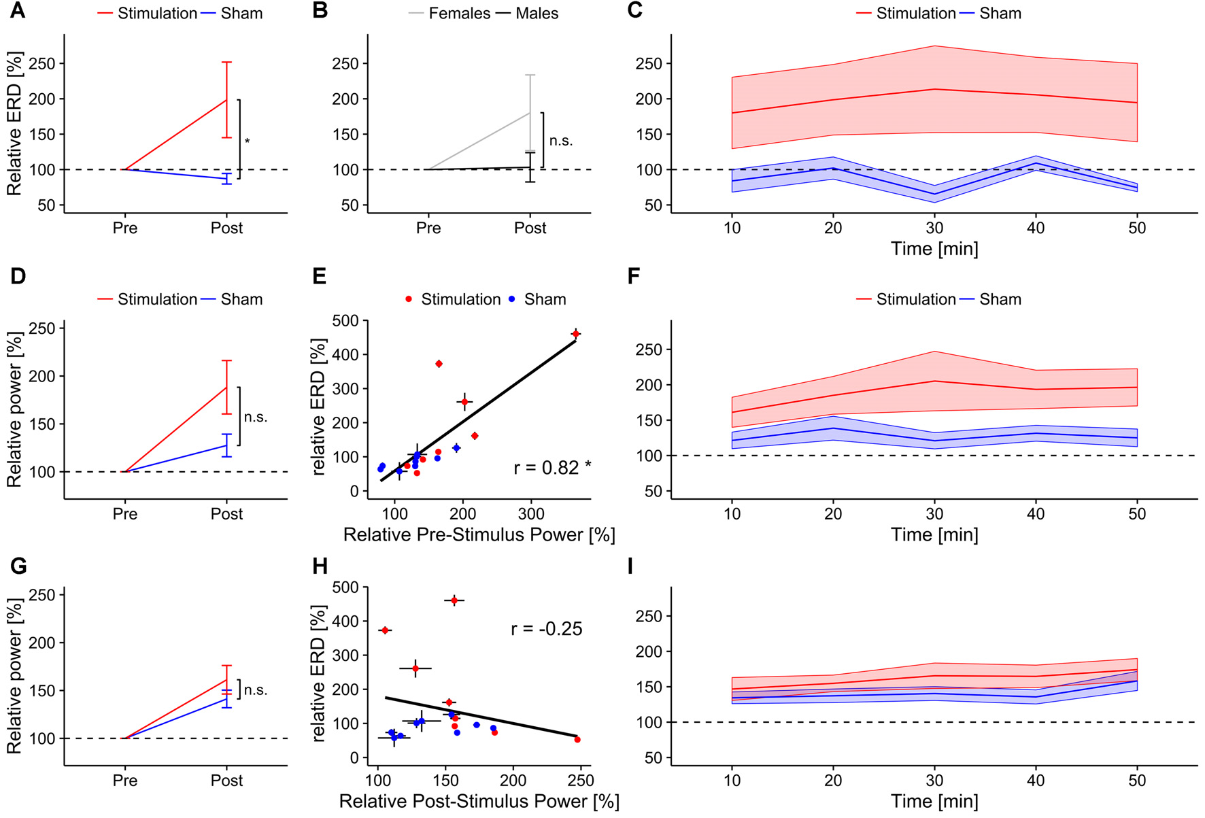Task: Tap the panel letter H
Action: [319, 566]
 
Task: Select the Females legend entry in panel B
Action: [458, 14]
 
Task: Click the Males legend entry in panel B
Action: [537, 14]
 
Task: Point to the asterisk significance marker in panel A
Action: [248, 141]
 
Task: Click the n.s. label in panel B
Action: [561, 141]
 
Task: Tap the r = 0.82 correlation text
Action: [551, 468]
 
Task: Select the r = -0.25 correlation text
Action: [546, 629]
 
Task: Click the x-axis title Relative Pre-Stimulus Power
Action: [479, 535]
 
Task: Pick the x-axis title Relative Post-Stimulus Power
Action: [479, 802]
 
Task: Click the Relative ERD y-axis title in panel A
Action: [14, 124]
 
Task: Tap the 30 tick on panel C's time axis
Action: [934, 228]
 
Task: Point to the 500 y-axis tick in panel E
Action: [345, 320]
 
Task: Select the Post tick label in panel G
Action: [226, 781]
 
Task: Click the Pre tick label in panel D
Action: [125, 514]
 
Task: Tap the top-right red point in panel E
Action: [576, 334]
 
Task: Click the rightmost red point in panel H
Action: [577, 740]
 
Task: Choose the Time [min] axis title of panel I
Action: [934, 802]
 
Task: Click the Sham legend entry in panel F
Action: [1000, 300]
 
